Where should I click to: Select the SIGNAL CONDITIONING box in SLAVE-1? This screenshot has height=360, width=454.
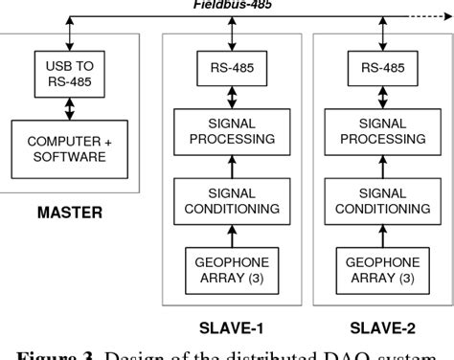click(228, 200)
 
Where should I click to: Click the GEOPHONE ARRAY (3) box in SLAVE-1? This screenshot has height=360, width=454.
click(228, 267)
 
